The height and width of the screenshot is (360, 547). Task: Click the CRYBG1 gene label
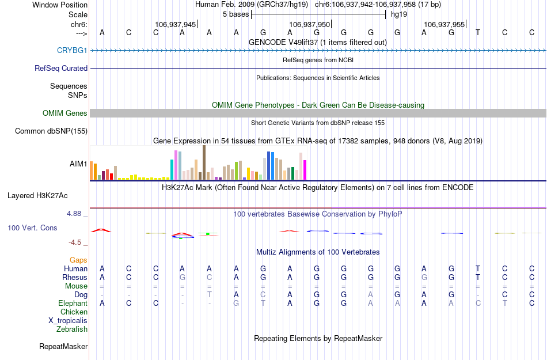click(72, 51)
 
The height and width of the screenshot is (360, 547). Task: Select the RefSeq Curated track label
click(61, 68)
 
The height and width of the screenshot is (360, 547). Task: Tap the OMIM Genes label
click(65, 113)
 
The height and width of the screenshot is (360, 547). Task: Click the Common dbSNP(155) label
click(51, 131)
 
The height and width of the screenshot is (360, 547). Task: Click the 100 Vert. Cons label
click(32, 228)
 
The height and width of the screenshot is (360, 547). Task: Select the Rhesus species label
click(75, 278)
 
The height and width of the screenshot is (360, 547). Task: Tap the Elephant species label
click(73, 304)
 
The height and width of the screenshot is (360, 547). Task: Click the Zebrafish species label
click(72, 329)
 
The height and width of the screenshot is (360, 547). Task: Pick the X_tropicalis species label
click(68, 321)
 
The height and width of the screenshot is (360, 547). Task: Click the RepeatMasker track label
click(63, 347)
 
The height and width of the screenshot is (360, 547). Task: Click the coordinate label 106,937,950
click(310, 25)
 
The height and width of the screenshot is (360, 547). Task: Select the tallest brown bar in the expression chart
click(204, 162)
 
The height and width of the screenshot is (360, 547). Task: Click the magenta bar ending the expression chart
click(305, 170)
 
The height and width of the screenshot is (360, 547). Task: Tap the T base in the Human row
click(477, 269)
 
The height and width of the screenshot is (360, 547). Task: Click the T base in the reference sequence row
click(477, 32)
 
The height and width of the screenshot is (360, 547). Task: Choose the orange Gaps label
click(78, 260)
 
